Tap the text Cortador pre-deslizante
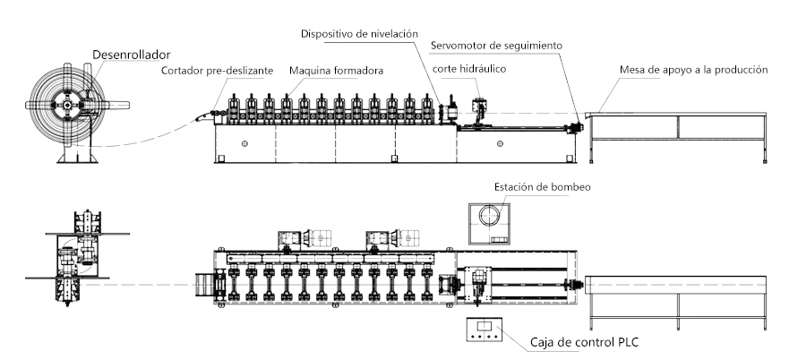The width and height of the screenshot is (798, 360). point(217,71)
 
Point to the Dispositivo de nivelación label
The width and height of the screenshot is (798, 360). point(360,34)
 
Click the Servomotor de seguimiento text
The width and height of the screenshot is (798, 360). point(495,44)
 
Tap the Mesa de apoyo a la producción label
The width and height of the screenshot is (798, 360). point(693,70)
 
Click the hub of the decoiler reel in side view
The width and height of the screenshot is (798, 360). point(68,105)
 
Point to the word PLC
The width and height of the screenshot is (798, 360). point(624,341)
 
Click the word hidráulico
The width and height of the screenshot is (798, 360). point(485,69)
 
